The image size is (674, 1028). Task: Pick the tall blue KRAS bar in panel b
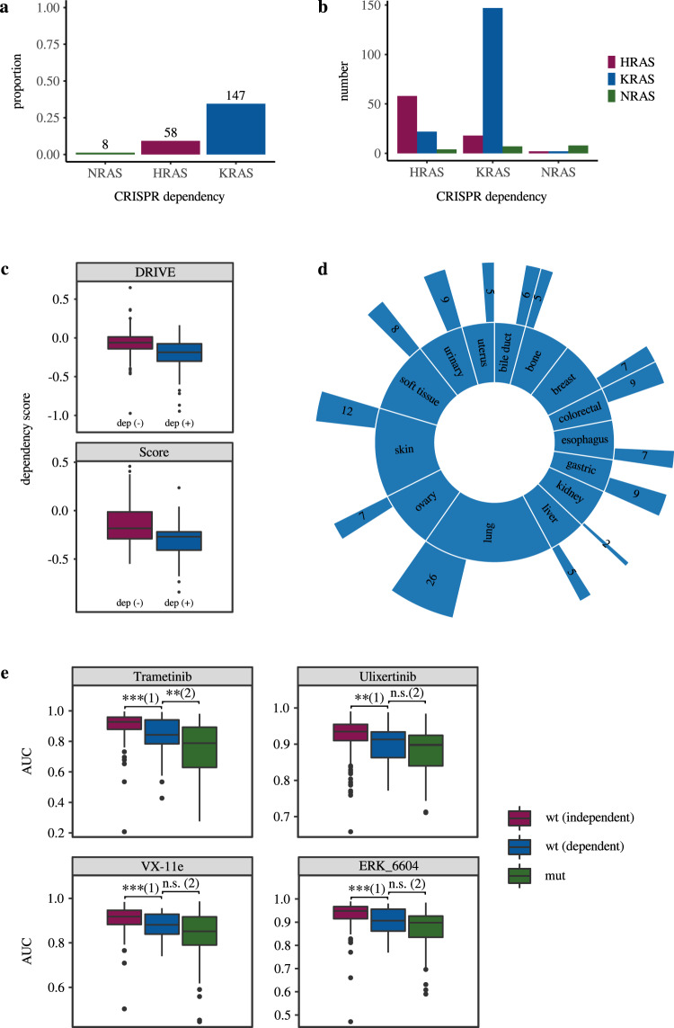(x=491, y=81)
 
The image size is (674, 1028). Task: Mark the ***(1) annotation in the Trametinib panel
(x=146, y=696)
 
